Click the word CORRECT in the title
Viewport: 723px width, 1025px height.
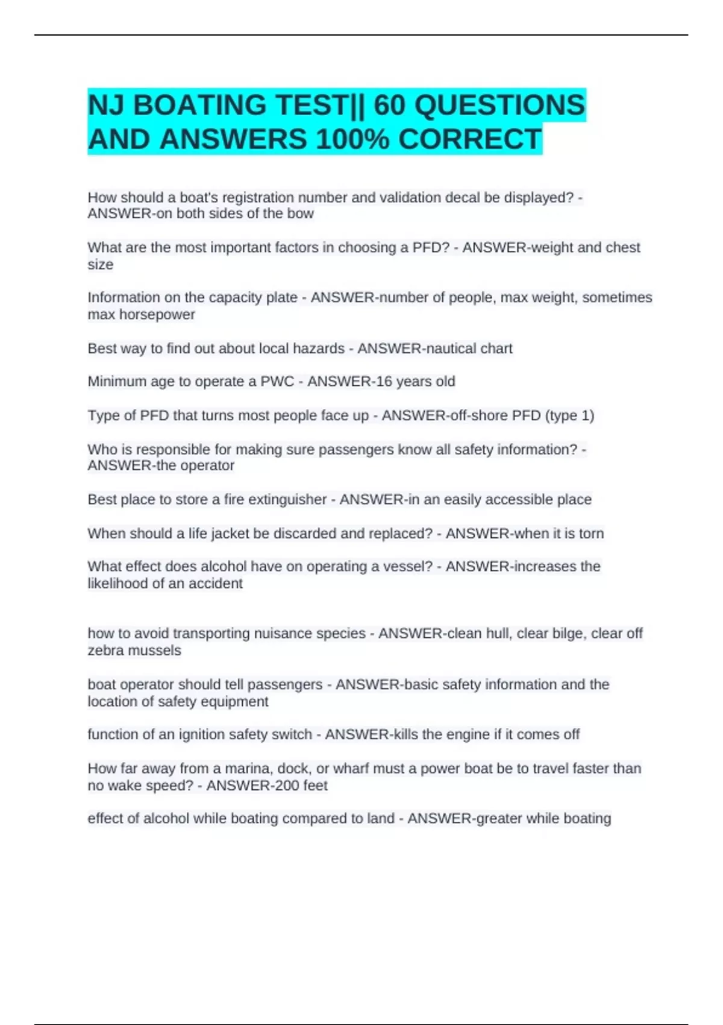tap(470, 139)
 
